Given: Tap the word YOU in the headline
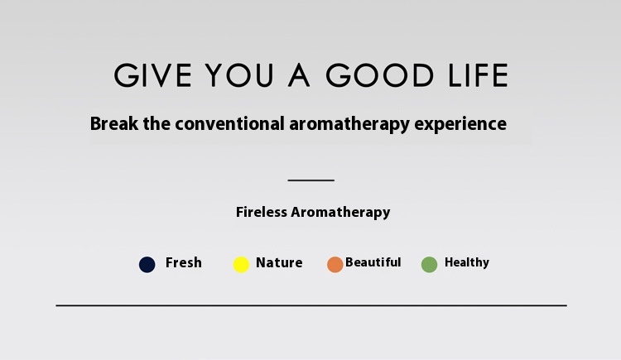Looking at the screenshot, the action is click(x=239, y=75).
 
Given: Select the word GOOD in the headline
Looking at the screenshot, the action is click(x=380, y=75).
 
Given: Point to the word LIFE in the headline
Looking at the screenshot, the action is click(x=478, y=75).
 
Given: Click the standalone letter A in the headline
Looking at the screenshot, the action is click(x=299, y=75).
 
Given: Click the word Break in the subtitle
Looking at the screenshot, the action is click(x=114, y=123).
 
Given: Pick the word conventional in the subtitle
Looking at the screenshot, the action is click(x=229, y=123).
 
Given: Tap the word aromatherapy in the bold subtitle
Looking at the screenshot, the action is click(x=349, y=124).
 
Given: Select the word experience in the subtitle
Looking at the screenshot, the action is click(x=460, y=124).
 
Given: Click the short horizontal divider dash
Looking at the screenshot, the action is click(x=310, y=180).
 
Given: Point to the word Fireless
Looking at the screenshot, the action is click(x=262, y=212).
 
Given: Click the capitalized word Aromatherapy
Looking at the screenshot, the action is click(x=340, y=213).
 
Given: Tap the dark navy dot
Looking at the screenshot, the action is click(x=147, y=265).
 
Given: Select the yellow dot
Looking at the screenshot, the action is click(x=241, y=265).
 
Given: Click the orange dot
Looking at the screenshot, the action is click(x=335, y=265).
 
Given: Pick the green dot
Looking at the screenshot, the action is click(x=429, y=265).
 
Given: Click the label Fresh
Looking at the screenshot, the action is click(x=184, y=262).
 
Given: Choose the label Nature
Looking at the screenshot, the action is click(x=279, y=262).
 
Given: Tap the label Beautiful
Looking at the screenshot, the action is click(x=373, y=262).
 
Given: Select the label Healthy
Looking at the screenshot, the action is click(x=467, y=262).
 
